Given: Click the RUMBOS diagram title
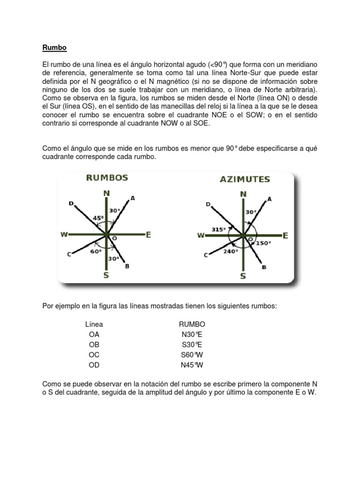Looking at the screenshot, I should tap(106, 178).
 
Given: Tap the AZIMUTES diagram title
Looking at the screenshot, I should tap(244, 179).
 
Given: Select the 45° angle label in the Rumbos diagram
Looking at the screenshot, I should tap(98, 217).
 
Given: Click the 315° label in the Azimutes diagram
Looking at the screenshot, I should tap(218, 229).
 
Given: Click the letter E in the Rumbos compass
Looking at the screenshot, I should tap(148, 235).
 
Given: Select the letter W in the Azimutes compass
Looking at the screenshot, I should tap(201, 235).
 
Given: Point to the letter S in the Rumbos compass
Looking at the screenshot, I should tap(106, 276).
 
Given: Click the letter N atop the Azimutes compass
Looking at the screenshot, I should tap(243, 194).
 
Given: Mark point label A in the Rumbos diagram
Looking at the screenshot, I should tap(133, 198).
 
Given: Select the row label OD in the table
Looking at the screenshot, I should tap(94, 365).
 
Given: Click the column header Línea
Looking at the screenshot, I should tap(94, 324).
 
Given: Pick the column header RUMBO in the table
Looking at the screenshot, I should tap(192, 324).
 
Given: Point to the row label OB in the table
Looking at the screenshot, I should tap(94, 345).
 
